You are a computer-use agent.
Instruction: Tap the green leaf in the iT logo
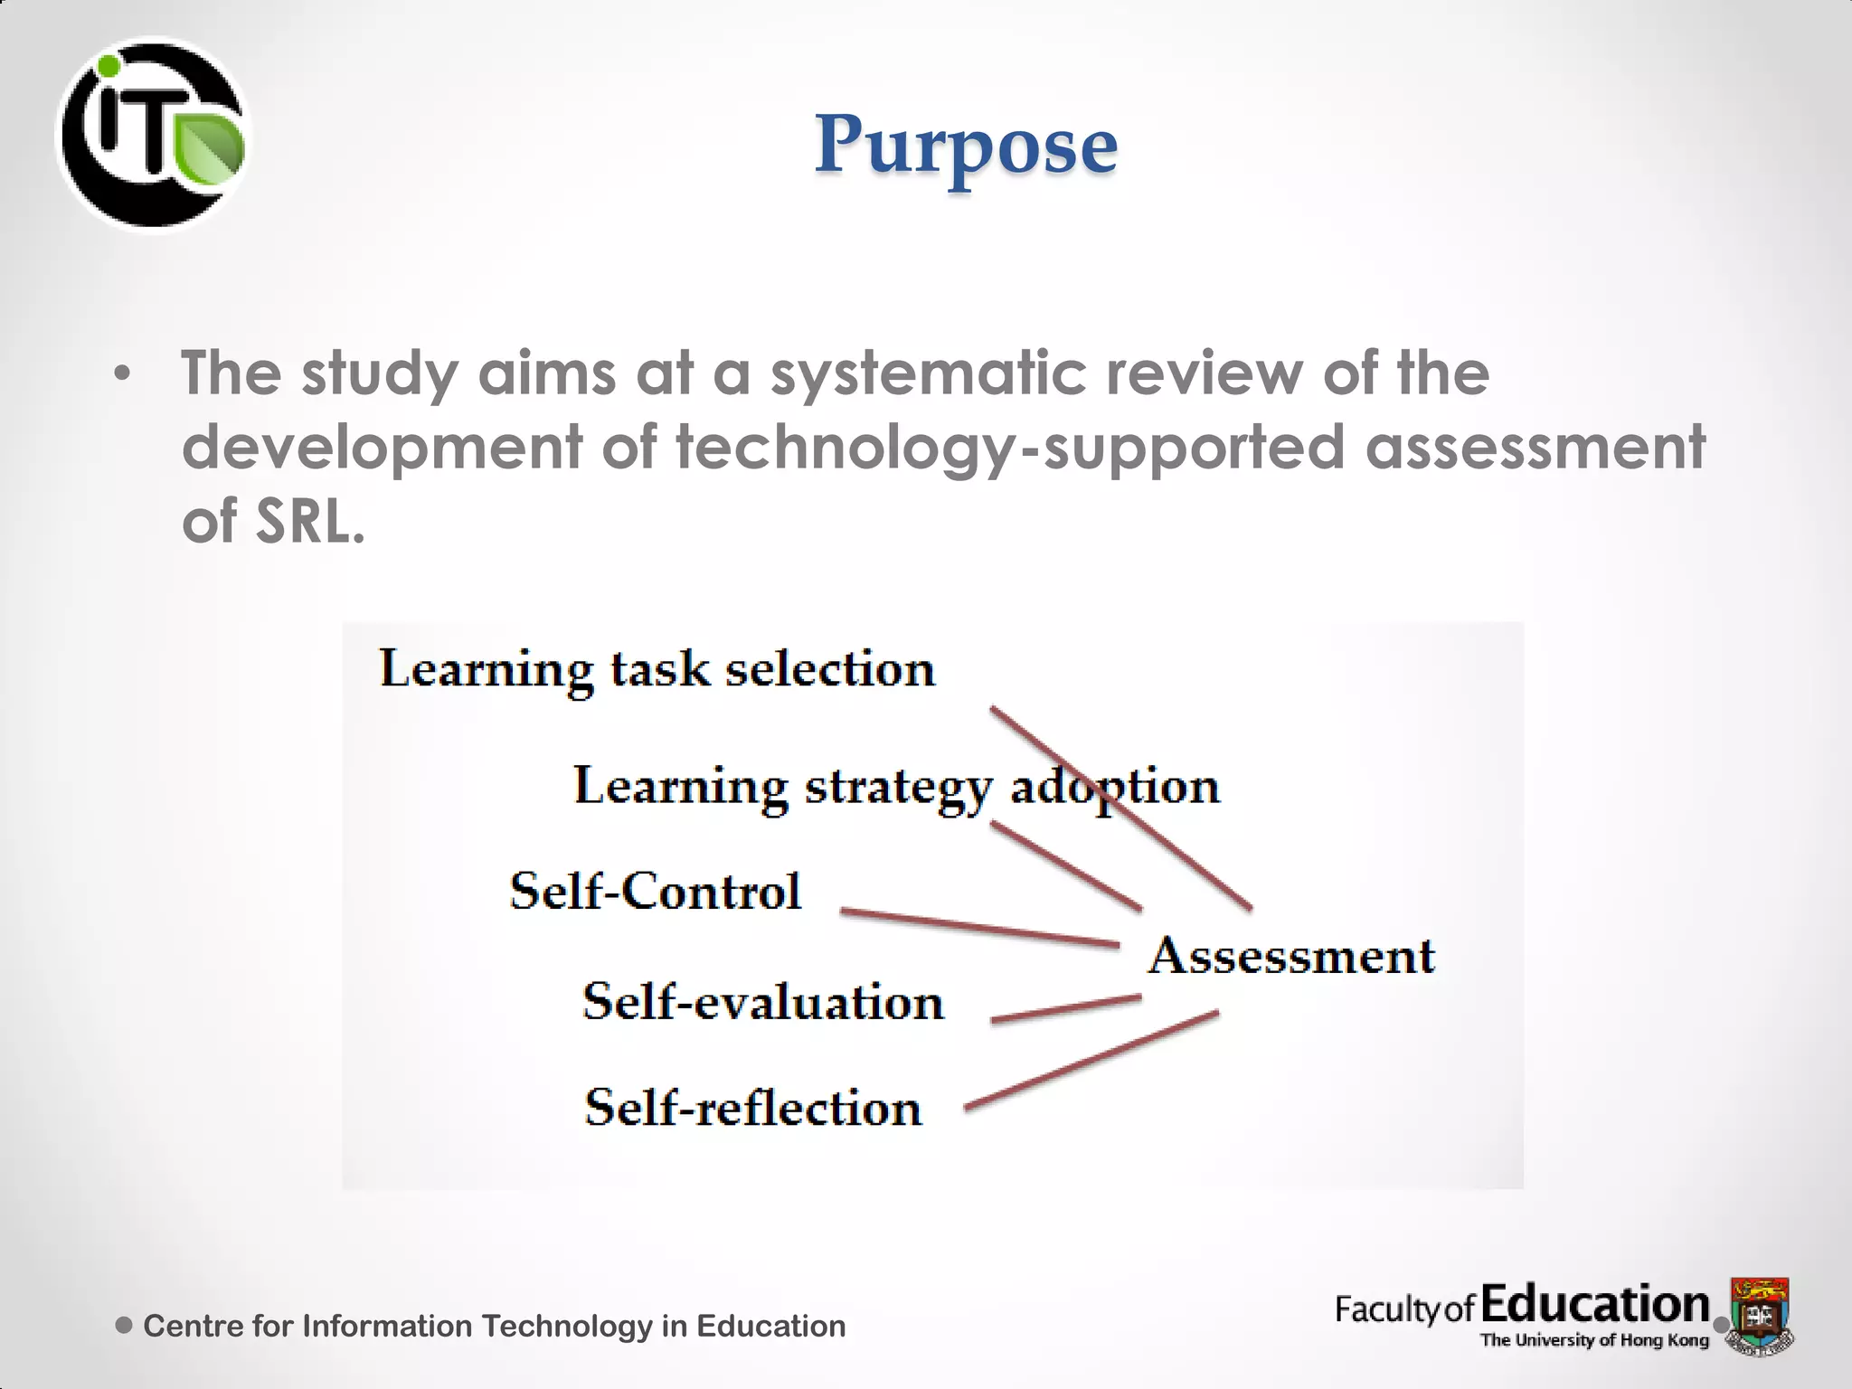pyautogui.click(x=210, y=146)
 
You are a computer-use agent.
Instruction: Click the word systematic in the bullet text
pyautogui.click(x=927, y=373)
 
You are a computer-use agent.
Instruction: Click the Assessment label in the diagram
pyautogui.click(x=1291, y=956)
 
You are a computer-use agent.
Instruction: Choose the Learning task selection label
pyautogui.click(x=657, y=670)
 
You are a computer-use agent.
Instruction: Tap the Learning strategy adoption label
pyautogui.click(x=895, y=787)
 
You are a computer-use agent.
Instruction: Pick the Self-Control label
pyautogui.click(x=656, y=891)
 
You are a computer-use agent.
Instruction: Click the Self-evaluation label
pyautogui.click(x=763, y=1002)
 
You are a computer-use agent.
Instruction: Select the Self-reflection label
pyautogui.click(x=753, y=1108)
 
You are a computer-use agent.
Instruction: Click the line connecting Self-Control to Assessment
pyautogui.click(x=979, y=928)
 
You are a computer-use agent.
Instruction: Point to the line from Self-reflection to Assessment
pyautogui.click(x=1091, y=1060)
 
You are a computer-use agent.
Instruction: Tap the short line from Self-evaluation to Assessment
pyautogui.click(x=1065, y=1009)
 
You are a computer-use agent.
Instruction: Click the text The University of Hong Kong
pyautogui.click(x=1593, y=1340)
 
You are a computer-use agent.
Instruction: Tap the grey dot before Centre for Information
pyautogui.click(x=125, y=1326)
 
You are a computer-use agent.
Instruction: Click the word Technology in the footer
pyautogui.click(x=567, y=1326)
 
